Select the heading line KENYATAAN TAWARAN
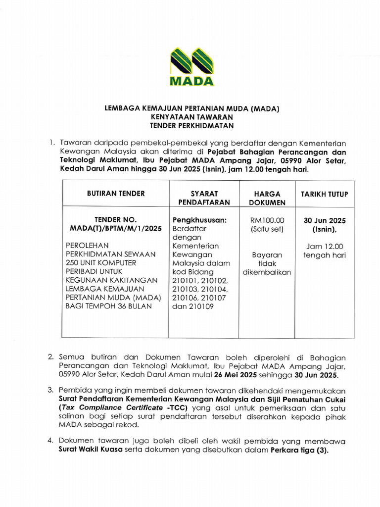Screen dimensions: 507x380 pos(192,117)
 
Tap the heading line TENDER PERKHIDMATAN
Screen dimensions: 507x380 pos(192,125)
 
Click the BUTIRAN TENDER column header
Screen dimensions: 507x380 pos(116,194)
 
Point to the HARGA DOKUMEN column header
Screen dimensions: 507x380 pos(267,198)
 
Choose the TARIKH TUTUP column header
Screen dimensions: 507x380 pos(324,194)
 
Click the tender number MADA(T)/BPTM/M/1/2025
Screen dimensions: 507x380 pos(116,228)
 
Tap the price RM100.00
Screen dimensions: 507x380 pos(267,220)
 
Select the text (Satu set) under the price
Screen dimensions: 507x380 pos(267,229)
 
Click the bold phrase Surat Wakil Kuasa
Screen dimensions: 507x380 pos(91,451)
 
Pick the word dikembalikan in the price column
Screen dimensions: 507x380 pos(267,272)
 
